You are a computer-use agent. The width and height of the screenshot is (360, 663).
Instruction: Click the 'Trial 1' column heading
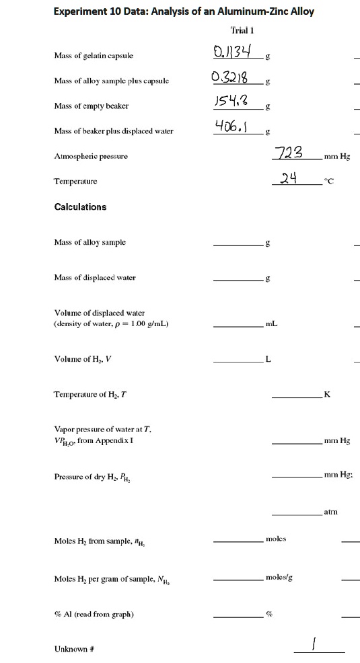(x=240, y=31)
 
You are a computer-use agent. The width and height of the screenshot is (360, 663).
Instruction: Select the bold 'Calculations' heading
(x=80, y=206)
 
